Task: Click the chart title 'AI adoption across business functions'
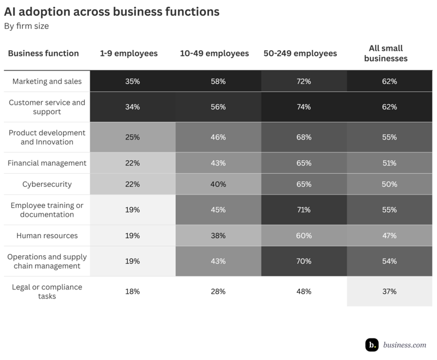tap(112, 11)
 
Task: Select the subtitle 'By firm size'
tap(27, 26)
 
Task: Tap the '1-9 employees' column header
tap(129, 54)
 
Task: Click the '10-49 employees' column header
tap(214, 54)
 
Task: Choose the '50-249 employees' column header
tap(300, 54)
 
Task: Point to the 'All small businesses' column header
tap(386, 54)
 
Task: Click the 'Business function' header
tap(43, 54)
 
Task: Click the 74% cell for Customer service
tap(303, 107)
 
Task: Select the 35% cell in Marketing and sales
tap(133, 81)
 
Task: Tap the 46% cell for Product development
tap(218, 137)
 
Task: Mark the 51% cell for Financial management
tap(389, 163)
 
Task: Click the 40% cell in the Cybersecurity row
tap(218, 185)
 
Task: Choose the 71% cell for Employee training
tap(303, 210)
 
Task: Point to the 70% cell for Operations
tap(303, 261)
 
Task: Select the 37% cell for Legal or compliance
tap(389, 292)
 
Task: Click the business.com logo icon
tap(372, 345)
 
